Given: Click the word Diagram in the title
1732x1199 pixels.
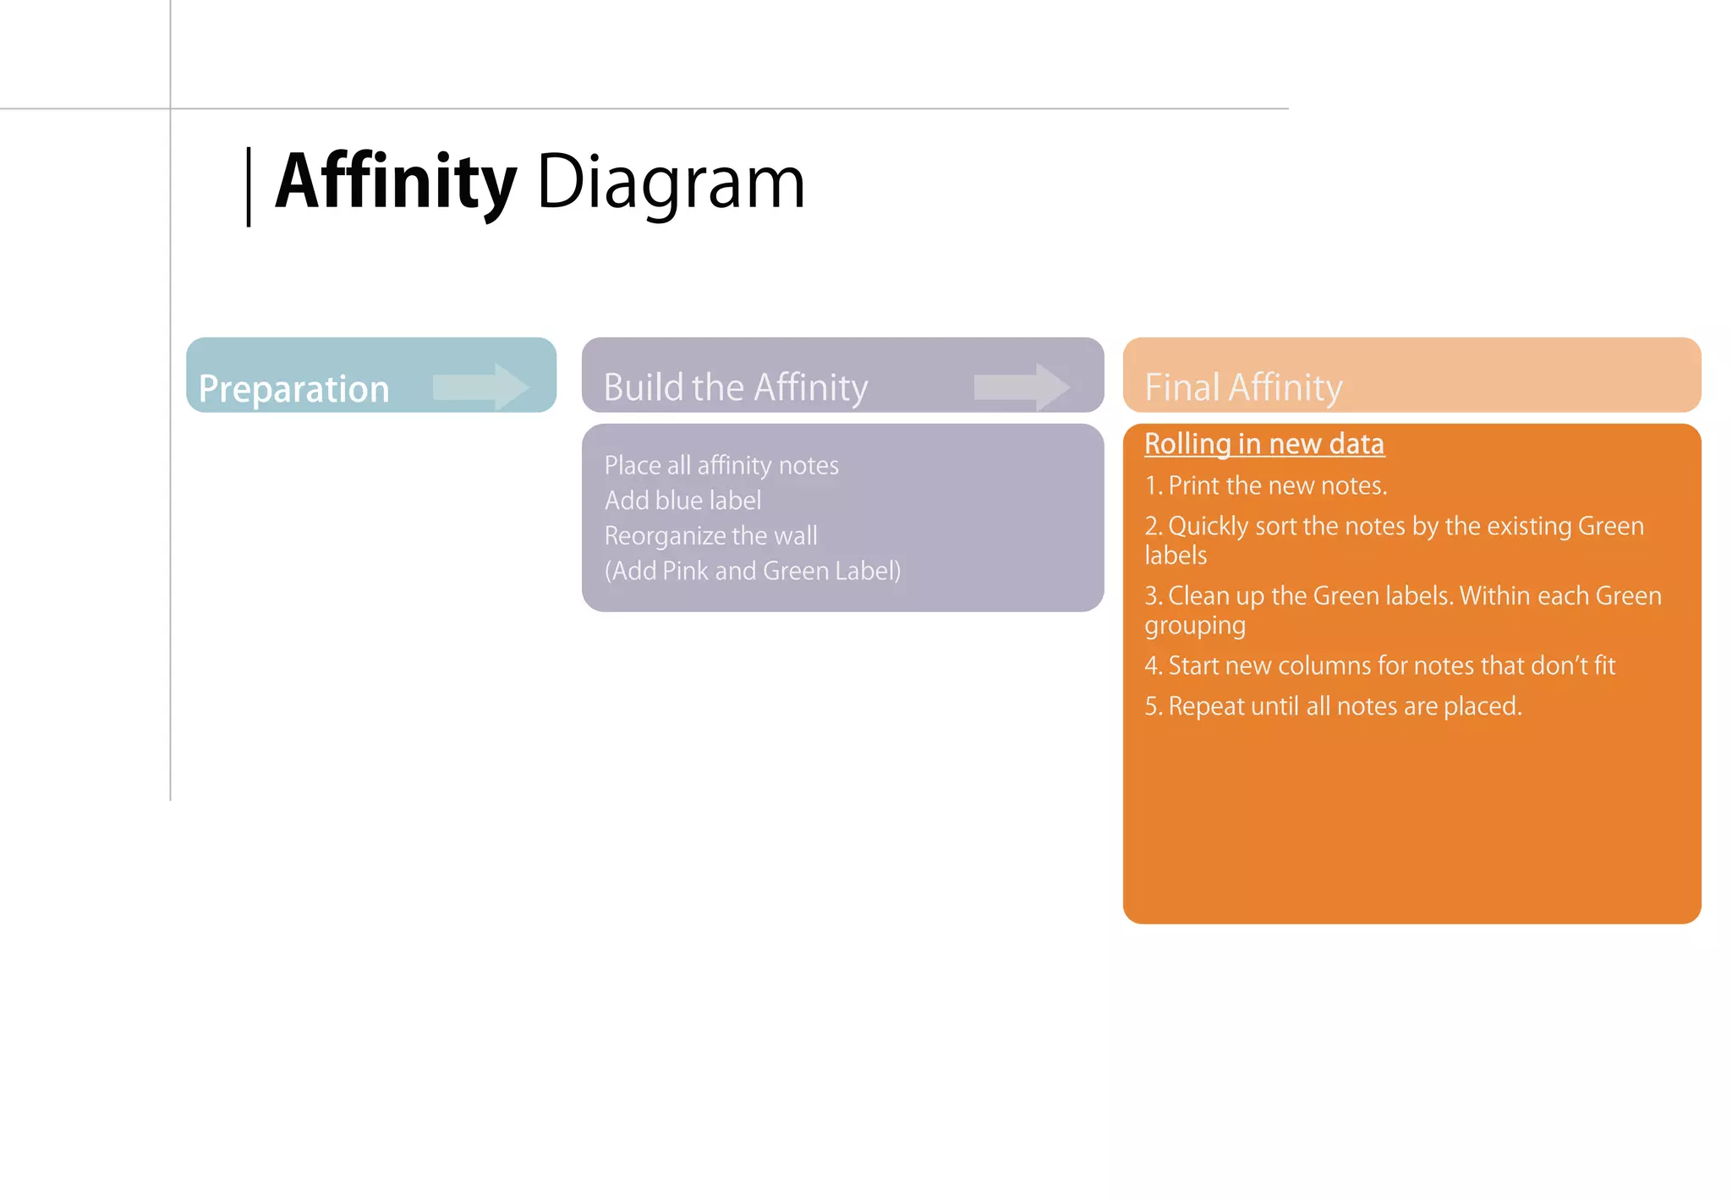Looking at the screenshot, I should click(671, 183).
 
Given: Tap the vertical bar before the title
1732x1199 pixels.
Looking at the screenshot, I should click(249, 187).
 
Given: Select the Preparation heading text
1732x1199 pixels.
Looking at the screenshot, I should click(293, 389).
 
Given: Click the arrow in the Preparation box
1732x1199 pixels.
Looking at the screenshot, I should click(481, 387).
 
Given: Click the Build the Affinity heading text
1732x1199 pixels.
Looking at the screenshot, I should click(735, 387).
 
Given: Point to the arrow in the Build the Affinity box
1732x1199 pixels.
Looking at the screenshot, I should click(1022, 387).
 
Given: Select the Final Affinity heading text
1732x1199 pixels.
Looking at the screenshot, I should click(1243, 387).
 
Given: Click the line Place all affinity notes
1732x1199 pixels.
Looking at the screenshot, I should click(721, 465).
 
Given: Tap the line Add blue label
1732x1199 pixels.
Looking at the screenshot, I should click(682, 501).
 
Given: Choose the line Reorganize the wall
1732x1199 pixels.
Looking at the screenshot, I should click(710, 536).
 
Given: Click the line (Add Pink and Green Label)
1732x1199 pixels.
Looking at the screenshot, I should click(752, 571).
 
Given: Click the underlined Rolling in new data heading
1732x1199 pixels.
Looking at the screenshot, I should click(1263, 444).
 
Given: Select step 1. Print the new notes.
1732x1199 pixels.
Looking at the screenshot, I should click(1265, 485).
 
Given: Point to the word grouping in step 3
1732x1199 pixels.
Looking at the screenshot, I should click(1194, 626).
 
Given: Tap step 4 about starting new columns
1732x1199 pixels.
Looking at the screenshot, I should click(1378, 665).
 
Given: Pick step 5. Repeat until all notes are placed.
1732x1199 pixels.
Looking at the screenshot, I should click(1333, 706).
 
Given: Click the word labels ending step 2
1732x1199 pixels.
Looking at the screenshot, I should click(1176, 556).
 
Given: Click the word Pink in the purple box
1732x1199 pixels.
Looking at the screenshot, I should click(685, 571).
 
